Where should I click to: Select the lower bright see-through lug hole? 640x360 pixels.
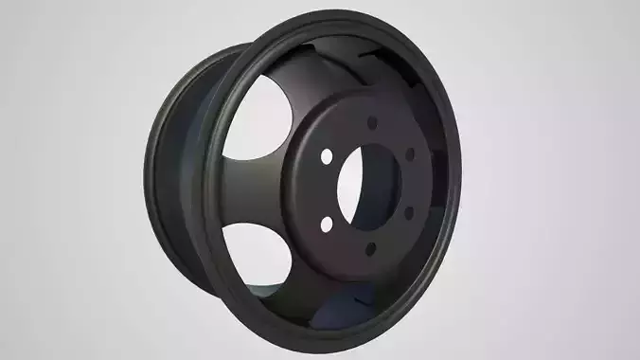tap(327, 224)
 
